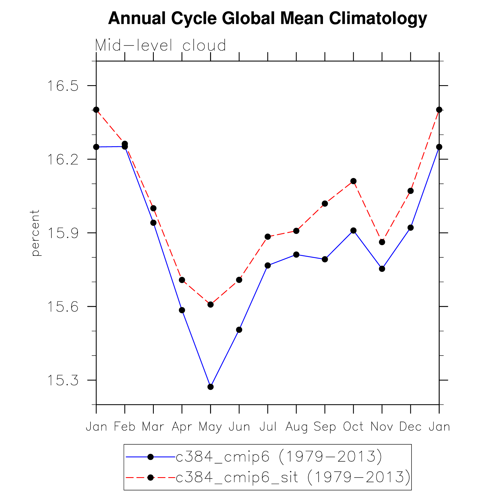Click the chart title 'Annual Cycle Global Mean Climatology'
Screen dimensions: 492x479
pyautogui.click(x=267, y=18)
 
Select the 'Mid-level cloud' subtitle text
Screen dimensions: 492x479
pyautogui.click(x=161, y=45)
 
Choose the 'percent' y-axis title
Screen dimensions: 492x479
pyautogui.click(x=35, y=233)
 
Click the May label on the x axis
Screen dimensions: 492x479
pyautogui.click(x=210, y=427)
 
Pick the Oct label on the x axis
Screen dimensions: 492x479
pyautogui.click(x=353, y=427)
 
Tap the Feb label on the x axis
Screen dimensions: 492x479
pyautogui.click(x=125, y=427)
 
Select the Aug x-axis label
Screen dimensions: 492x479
pyautogui.click(x=296, y=427)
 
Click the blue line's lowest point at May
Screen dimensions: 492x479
pyautogui.click(x=211, y=387)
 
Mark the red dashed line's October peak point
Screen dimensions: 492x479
pyautogui.click(x=354, y=181)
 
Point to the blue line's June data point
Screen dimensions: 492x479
pyautogui.click(x=239, y=330)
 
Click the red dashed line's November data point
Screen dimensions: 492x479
pyautogui.click(x=382, y=242)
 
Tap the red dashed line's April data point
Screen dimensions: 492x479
pyautogui.click(x=182, y=280)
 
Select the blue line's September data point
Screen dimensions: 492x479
pyautogui.click(x=325, y=259)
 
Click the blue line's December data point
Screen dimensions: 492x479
pyautogui.click(x=411, y=228)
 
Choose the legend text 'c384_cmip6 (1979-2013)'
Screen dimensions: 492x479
pyautogui.click(x=279, y=457)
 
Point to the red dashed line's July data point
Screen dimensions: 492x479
pyautogui.click(x=268, y=237)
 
